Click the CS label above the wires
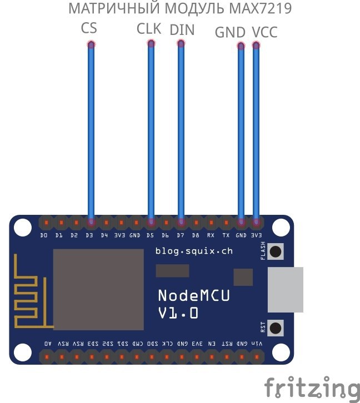coord(89,28)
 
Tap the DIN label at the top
coord(182,29)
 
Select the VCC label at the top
coord(264,33)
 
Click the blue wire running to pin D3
coord(91,133)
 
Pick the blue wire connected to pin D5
coord(151,133)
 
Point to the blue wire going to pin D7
coord(181,133)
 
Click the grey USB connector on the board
coord(286,289)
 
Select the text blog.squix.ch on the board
coord(194,251)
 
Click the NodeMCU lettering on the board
coord(194,295)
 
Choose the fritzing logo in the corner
coord(312,387)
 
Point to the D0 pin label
coord(44,235)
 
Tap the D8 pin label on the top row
coord(196,235)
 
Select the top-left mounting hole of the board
coord(22,226)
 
